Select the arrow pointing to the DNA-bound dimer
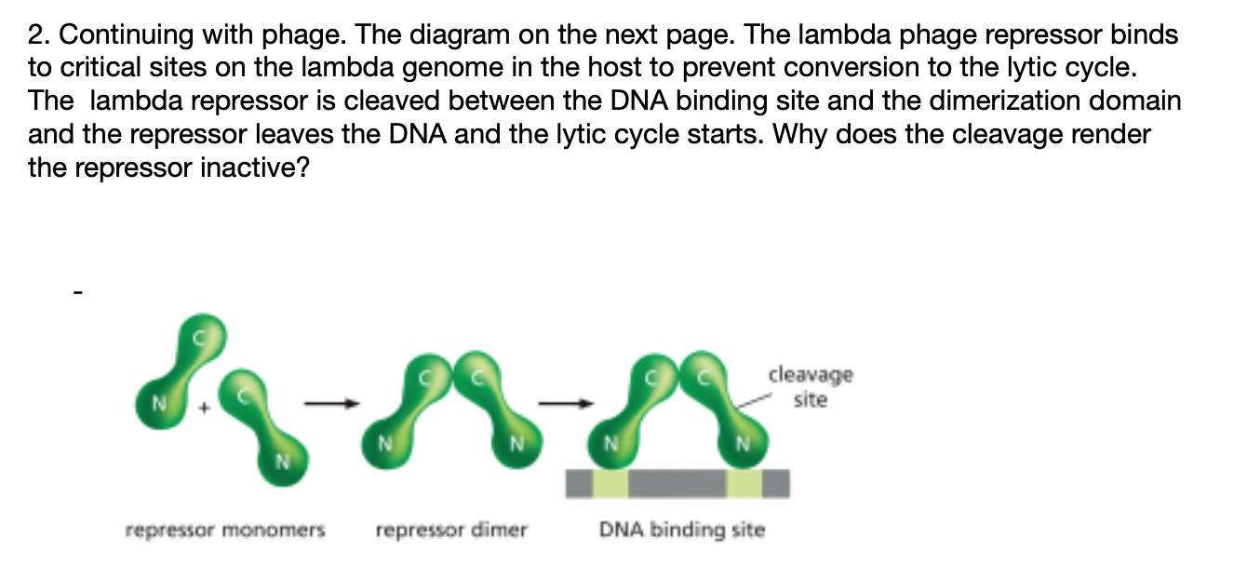(x=567, y=403)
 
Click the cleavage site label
(x=810, y=387)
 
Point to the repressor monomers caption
(x=225, y=530)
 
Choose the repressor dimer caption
(x=451, y=530)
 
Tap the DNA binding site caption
(x=682, y=530)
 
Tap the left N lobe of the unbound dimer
(x=381, y=442)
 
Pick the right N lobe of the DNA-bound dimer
(x=742, y=442)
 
